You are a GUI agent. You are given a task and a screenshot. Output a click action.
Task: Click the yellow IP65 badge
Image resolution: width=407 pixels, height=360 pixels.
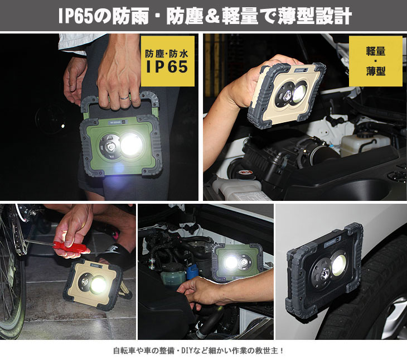coord(167,61)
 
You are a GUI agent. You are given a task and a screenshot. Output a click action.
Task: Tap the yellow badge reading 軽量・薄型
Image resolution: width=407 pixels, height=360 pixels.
coord(375,61)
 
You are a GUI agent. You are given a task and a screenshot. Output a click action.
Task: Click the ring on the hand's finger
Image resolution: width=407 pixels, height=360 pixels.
coord(124,98)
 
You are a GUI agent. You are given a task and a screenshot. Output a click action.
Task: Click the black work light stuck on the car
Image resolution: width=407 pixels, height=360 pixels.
coord(324,272)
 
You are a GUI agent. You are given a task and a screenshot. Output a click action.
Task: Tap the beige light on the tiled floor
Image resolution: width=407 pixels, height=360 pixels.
coord(93,285)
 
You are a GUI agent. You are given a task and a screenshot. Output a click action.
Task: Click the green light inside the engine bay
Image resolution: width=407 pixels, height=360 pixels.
coord(238,262)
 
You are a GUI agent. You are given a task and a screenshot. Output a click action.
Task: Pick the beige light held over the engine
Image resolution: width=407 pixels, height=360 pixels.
coord(287,95)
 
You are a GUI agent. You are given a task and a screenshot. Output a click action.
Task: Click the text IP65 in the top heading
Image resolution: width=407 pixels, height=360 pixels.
coord(75,16)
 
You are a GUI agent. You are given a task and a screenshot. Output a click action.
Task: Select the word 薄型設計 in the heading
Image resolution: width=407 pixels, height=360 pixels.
coord(314,16)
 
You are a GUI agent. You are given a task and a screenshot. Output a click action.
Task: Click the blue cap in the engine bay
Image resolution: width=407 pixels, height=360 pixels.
coord(192,272)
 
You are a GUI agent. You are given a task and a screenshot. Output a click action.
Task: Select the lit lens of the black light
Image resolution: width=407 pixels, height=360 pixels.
coord(339,265)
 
